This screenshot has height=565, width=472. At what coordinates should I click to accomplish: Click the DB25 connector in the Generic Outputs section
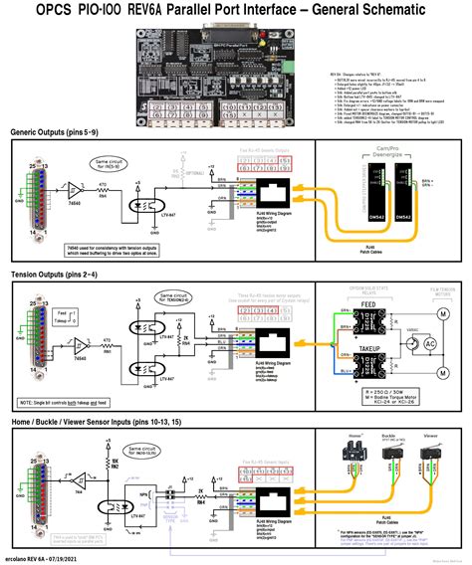click(x=36, y=191)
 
